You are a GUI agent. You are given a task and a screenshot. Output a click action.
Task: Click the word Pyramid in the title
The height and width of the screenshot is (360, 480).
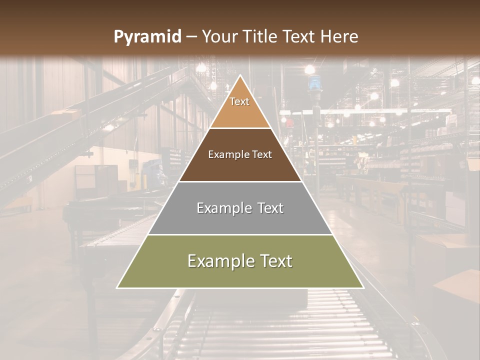147,37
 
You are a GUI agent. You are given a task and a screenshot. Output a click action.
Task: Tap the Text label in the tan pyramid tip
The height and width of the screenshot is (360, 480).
239,101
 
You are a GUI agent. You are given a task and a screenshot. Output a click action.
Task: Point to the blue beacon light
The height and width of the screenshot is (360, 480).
314,83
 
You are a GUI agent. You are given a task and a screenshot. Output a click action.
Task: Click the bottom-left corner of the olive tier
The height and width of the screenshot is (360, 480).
117,287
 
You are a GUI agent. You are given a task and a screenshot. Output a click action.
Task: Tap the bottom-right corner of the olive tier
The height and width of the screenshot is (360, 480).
363,287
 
